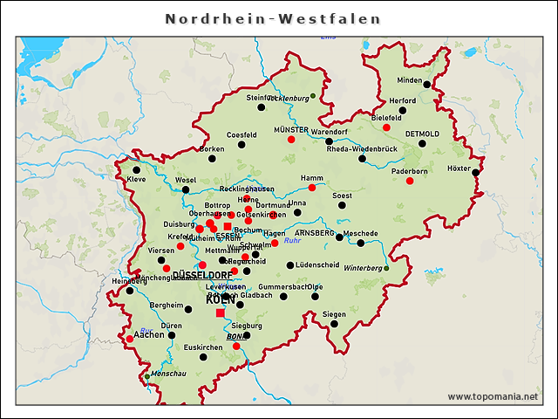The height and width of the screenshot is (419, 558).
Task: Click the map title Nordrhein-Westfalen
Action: click(273, 18)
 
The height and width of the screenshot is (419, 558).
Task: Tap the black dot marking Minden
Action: click(426, 86)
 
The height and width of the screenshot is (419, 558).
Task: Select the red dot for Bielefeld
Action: click(386, 127)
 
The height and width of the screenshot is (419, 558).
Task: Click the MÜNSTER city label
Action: click(291, 129)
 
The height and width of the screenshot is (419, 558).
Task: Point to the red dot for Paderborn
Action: click(409, 181)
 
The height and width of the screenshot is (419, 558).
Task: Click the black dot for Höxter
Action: click(476, 172)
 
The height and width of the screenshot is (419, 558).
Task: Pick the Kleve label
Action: click(137, 179)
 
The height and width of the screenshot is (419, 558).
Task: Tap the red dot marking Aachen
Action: click(130, 339)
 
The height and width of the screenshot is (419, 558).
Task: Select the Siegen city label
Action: click(334, 314)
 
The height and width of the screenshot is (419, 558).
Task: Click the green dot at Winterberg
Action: click(386, 268)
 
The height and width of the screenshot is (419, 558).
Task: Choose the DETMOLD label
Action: click(423, 134)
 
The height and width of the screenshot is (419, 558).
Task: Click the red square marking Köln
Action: click(220, 313)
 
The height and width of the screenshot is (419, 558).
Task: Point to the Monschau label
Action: click(169, 374)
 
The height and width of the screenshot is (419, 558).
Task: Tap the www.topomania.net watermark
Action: click(493, 396)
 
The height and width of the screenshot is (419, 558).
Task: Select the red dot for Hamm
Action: click(311, 188)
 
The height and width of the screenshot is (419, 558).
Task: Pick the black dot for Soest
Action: click(342, 205)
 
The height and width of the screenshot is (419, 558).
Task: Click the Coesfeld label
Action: click(242, 135)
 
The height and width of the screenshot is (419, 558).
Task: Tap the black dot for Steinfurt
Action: click(261, 106)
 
